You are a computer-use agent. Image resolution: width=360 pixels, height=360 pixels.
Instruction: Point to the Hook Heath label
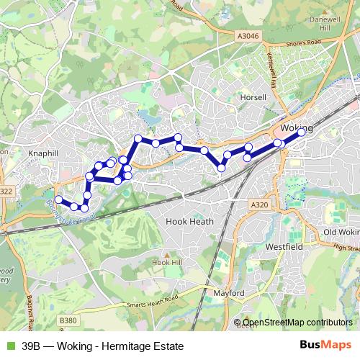(191, 222)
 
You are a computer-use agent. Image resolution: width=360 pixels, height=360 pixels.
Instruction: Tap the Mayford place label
(230, 294)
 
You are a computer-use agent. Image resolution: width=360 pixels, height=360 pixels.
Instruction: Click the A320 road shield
(260, 205)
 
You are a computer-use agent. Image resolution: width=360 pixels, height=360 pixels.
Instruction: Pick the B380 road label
(68, 320)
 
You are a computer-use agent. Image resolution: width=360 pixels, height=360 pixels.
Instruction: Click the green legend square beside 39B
(9, 346)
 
